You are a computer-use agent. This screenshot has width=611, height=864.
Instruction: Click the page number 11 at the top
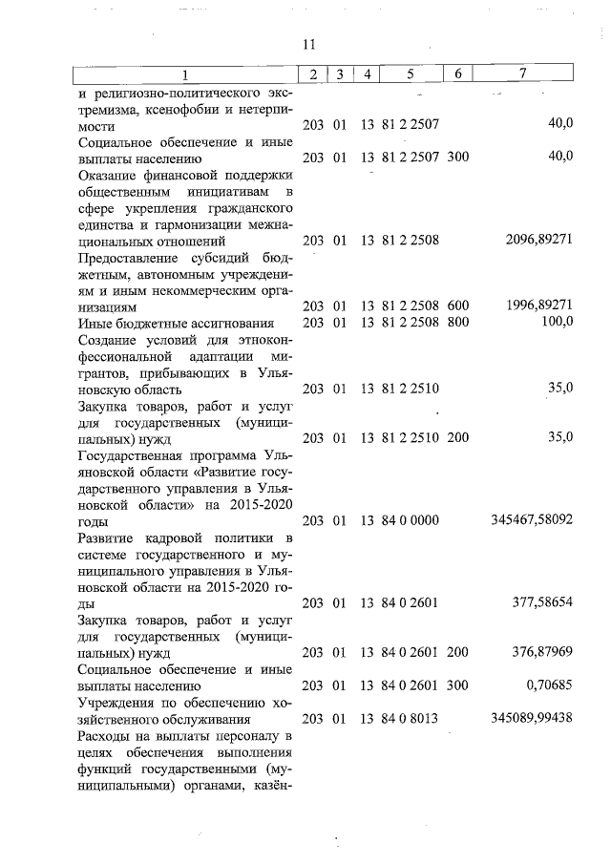click(x=307, y=45)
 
